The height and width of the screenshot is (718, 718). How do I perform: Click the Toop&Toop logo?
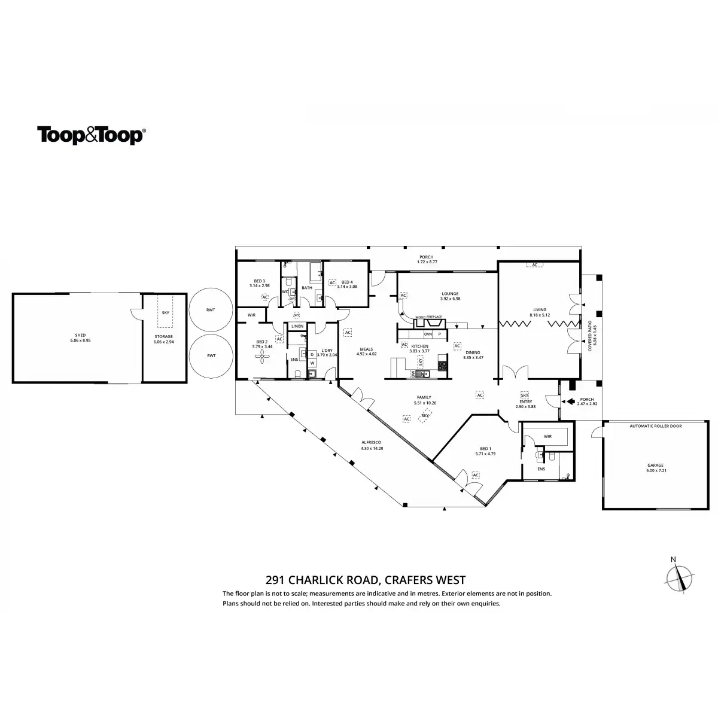(91, 135)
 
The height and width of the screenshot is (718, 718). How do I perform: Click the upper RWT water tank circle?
(211, 309)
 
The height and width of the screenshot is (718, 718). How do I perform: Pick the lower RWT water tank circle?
(211, 356)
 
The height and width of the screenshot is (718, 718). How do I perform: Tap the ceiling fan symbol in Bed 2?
(262, 357)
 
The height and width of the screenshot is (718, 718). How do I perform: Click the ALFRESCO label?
(371, 445)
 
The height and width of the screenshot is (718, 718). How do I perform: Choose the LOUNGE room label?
(450, 294)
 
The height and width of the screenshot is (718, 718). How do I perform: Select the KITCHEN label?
(419, 346)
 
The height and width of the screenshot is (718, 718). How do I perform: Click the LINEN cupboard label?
(297, 326)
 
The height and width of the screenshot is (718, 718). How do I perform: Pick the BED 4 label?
(347, 282)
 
